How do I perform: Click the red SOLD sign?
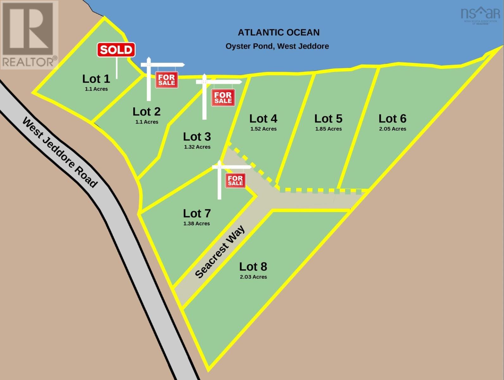point(116,50)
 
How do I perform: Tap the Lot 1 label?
point(96,79)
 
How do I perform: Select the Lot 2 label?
point(146,111)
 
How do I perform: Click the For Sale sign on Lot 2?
point(167,80)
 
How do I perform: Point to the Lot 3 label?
point(197,136)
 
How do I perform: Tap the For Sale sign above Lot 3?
point(223,98)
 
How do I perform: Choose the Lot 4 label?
point(263,118)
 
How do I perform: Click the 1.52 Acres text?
point(263,129)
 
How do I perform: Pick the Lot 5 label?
point(328,118)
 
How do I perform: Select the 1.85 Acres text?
point(328,129)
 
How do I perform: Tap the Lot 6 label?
point(392,118)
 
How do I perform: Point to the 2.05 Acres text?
point(393,129)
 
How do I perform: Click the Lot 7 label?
point(197,213)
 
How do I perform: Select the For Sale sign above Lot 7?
point(235,180)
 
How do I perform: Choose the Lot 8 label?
point(253,267)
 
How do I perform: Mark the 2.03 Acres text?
point(253,277)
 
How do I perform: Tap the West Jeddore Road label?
point(60,152)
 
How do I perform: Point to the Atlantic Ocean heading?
point(279,32)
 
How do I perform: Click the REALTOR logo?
point(29,35)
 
